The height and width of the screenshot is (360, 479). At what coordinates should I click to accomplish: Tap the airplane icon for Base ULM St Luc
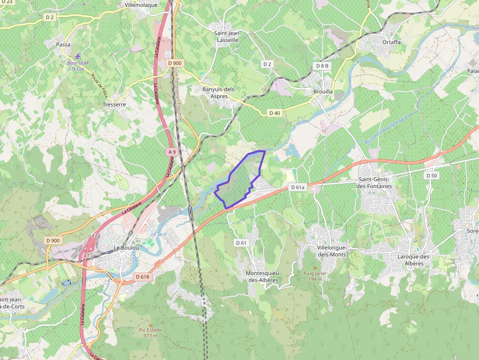pos(77,56)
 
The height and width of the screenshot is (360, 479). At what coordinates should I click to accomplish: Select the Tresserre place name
pos(114,105)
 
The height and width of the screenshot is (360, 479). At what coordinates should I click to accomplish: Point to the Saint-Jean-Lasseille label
pos(227,37)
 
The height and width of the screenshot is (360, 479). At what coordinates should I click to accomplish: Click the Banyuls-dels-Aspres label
pos(219,93)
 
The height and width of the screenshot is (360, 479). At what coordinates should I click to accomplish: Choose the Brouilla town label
pos(323,91)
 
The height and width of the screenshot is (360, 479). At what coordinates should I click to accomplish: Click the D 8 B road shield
pos(323,65)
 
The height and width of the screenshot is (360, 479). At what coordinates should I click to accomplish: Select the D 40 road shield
pos(275,113)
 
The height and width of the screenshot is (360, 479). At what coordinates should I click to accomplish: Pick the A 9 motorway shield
pos(172,152)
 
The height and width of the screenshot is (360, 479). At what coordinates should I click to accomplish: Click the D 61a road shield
pos(298,187)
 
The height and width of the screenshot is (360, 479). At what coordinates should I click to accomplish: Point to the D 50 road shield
pos(431,175)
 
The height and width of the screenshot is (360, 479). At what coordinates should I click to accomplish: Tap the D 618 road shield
pos(142,277)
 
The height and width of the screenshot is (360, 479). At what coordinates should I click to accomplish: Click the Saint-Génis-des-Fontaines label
pos(375,183)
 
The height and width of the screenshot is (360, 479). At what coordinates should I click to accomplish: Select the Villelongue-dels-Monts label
pos(332,251)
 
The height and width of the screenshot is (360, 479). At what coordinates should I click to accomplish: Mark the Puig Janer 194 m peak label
pos(315,276)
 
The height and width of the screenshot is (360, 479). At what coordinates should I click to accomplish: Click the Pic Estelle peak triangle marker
pos(151,325)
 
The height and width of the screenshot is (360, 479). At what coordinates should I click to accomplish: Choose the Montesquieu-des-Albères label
pos(263,276)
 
